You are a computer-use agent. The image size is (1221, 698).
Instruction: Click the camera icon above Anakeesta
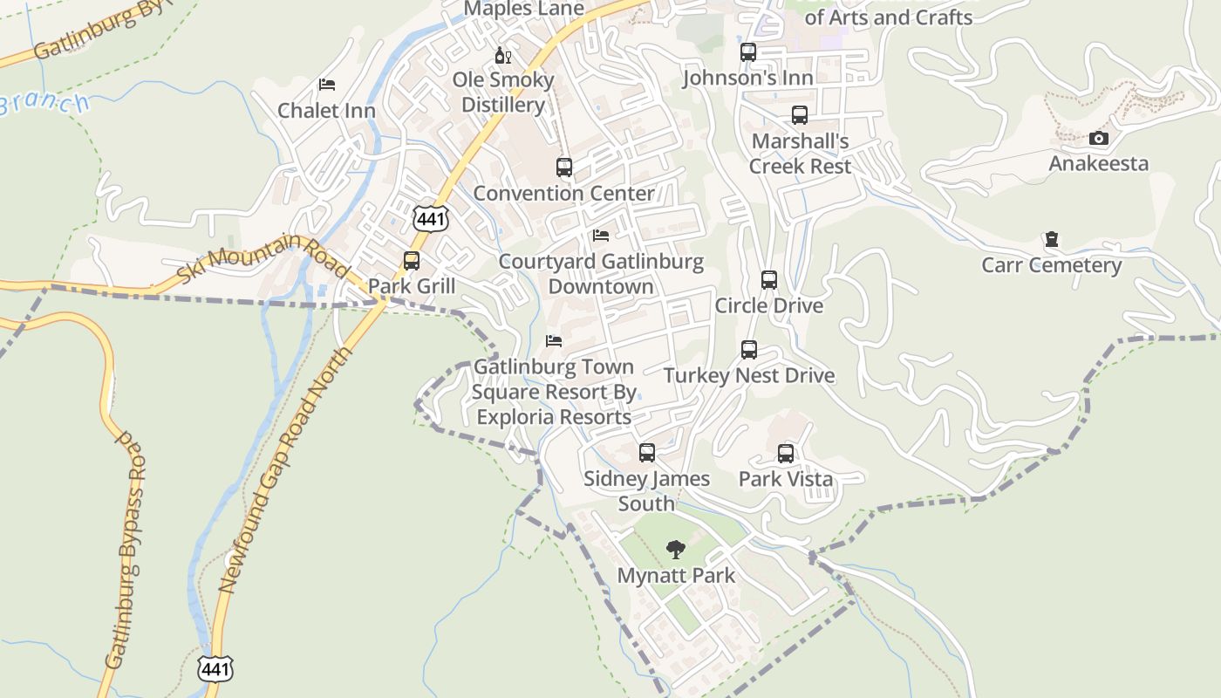point(1099,138)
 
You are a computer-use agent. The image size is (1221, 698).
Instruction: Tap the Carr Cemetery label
point(1051,265)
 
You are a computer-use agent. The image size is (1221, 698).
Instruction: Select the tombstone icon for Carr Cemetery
point(1052,239)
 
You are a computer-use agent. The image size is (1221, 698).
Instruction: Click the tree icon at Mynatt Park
point(675,550)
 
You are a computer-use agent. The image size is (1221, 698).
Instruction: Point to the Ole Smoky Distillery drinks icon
point(503,56)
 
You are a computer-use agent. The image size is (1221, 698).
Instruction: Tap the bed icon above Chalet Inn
point(327,85)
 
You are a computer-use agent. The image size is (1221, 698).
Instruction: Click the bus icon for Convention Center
point(564,168)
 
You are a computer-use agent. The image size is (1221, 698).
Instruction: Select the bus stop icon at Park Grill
point(412,261)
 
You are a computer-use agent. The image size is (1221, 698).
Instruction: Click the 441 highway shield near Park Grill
point(431,218)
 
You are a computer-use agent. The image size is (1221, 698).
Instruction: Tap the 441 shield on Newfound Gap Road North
point(215,669)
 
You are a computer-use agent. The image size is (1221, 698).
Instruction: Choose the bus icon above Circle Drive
point(768,280)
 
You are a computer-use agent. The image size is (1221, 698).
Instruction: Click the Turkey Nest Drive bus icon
point(748,350)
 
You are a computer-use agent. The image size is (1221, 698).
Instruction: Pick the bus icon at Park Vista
point(786,454)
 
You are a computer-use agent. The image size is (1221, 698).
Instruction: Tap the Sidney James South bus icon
point(646,453)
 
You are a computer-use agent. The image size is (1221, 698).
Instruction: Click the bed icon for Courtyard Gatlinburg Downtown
point(600,236)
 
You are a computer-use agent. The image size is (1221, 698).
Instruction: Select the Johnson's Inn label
point(747,78)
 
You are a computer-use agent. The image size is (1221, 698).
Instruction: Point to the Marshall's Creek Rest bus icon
point(800,115)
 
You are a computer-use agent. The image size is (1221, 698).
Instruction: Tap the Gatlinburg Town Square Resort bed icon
point(554,341)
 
